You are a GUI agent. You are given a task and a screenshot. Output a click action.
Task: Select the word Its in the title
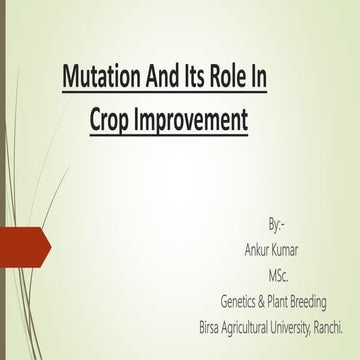[x=200, y=80]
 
